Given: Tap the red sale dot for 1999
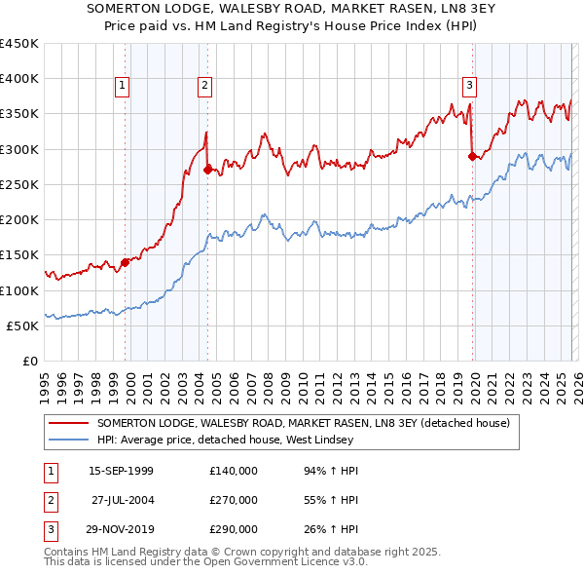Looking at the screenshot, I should click(x=125, y=261).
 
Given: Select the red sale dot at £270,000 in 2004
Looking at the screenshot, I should click(x=207, y=170).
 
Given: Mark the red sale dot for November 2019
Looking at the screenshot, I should click(x=472, y=155).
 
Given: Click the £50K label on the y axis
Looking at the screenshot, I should click(x=22, y=326).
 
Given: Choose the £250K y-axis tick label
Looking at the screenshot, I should click(x=18, y=184).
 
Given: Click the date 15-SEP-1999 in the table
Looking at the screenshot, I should click(x=121, y=471).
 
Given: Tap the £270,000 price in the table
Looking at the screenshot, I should click(x=234, y=500).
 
